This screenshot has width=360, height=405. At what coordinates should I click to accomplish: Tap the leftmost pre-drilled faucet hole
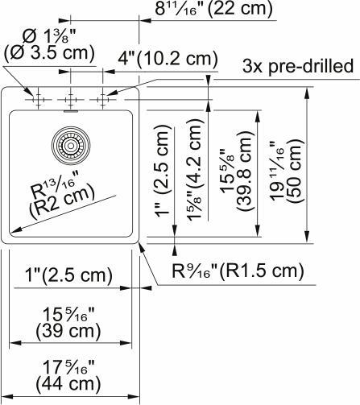(x=36, y=100)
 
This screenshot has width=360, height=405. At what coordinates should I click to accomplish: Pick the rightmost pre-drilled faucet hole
(x=102, y=100)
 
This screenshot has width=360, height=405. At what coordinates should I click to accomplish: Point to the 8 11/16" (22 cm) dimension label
(x=213, y=10)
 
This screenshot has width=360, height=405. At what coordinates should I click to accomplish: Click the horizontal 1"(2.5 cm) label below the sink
(x=63, y=276)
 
